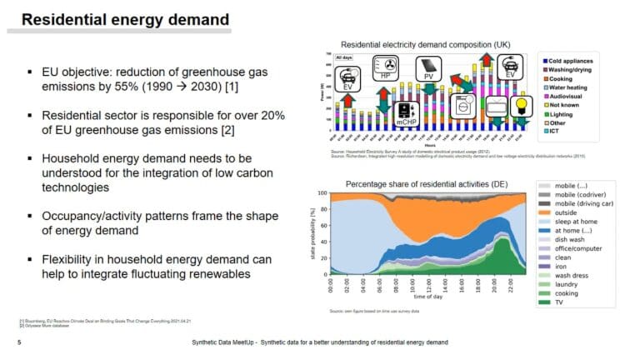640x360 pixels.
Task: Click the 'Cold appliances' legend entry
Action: pyautogui.click(x=576, y=62)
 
